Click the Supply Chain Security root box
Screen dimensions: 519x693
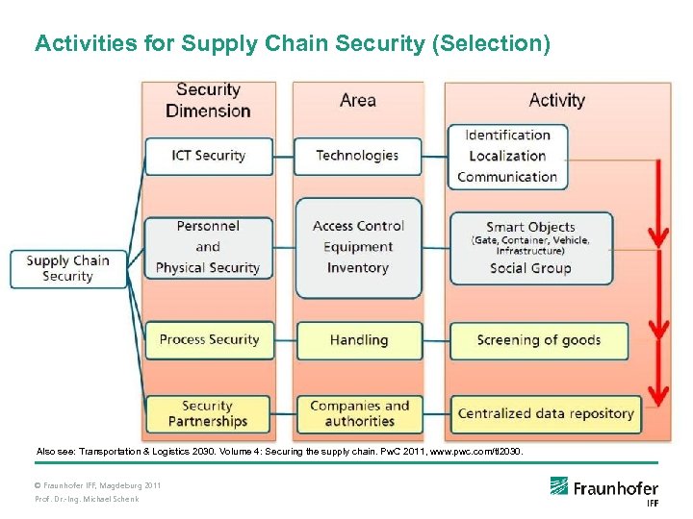point(68,268)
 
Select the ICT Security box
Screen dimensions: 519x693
point(208,156)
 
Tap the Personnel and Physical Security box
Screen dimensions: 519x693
point(208,247)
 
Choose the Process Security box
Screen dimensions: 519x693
point(209,339)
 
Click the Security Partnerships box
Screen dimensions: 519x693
point(208,413)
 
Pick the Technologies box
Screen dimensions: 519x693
point(357,156)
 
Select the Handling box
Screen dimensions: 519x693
point(358,339)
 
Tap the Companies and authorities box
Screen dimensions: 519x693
point(359,413)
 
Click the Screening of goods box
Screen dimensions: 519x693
point(538,340)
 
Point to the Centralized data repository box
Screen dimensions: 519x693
point(546,414)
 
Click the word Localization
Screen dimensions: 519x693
point(507,156)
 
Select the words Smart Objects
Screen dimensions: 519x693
point(530,227)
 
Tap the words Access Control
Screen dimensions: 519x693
point(358,226)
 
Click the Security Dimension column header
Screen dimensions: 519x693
point(208,100)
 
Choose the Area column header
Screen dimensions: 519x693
point(357,100)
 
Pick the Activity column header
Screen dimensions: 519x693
point(556,100)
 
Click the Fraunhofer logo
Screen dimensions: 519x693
point(603,488)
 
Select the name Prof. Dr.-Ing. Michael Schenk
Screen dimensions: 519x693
point(87,499)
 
